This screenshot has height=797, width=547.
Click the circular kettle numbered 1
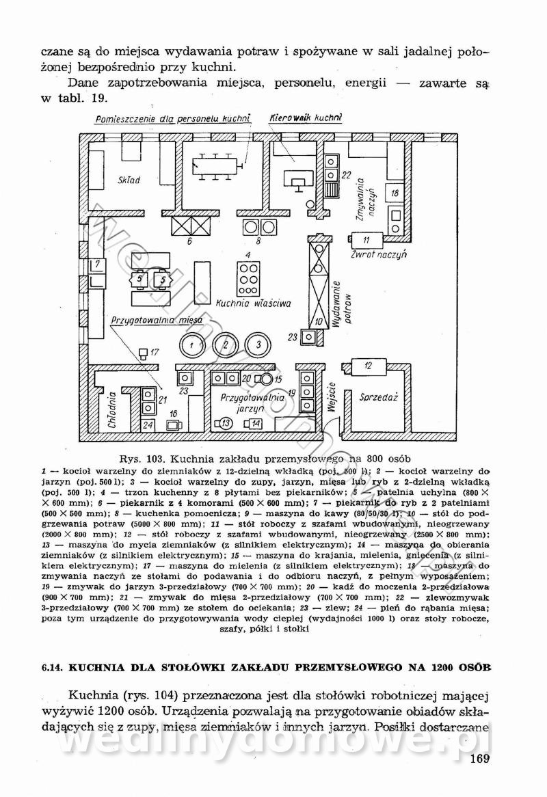coord(193,345)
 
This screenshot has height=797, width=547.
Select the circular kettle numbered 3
coord(258,345)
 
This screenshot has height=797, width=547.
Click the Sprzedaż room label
coord(384,397)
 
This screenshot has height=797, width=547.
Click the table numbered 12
coord(369,366)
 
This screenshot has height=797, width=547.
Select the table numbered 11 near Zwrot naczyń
coord(366,240)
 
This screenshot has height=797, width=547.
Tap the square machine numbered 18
coord(395,193)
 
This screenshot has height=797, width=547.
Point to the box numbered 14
coord(254,424)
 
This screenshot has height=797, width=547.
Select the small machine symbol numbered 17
coord(143,353)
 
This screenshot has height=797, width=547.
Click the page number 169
coord(481,760)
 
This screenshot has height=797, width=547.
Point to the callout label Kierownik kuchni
coord(305,118)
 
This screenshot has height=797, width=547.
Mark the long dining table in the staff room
coord(217,163)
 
